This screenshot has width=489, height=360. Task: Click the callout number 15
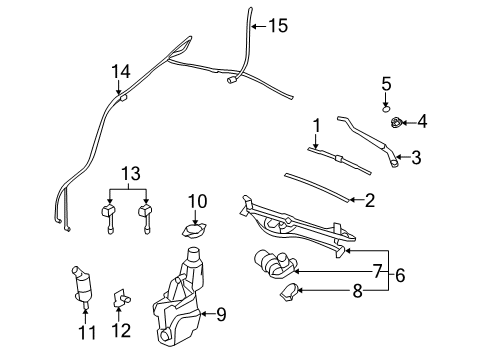tap(276, 26)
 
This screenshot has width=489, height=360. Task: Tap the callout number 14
tap(121, 70)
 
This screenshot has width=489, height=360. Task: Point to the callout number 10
tap(196, 202)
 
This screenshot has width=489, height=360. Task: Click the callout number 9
tap(221, 314)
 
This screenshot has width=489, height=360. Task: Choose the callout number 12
tap(122, 328)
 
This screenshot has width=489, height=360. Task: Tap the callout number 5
tap(386, 83)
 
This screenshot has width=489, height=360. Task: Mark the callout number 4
tap(421, 122)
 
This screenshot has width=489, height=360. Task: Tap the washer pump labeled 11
tap(81, 287)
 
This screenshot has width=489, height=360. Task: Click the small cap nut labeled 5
tap(386, 107)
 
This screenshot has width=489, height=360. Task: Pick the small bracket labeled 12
tap(121, 297)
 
